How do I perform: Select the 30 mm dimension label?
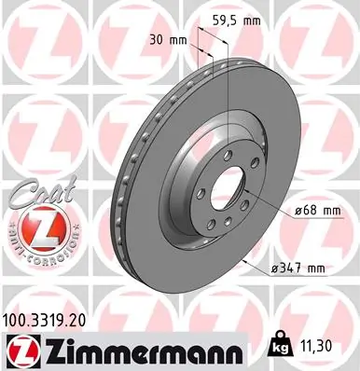click(166, 40)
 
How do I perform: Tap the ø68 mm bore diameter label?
click(310, 212)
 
